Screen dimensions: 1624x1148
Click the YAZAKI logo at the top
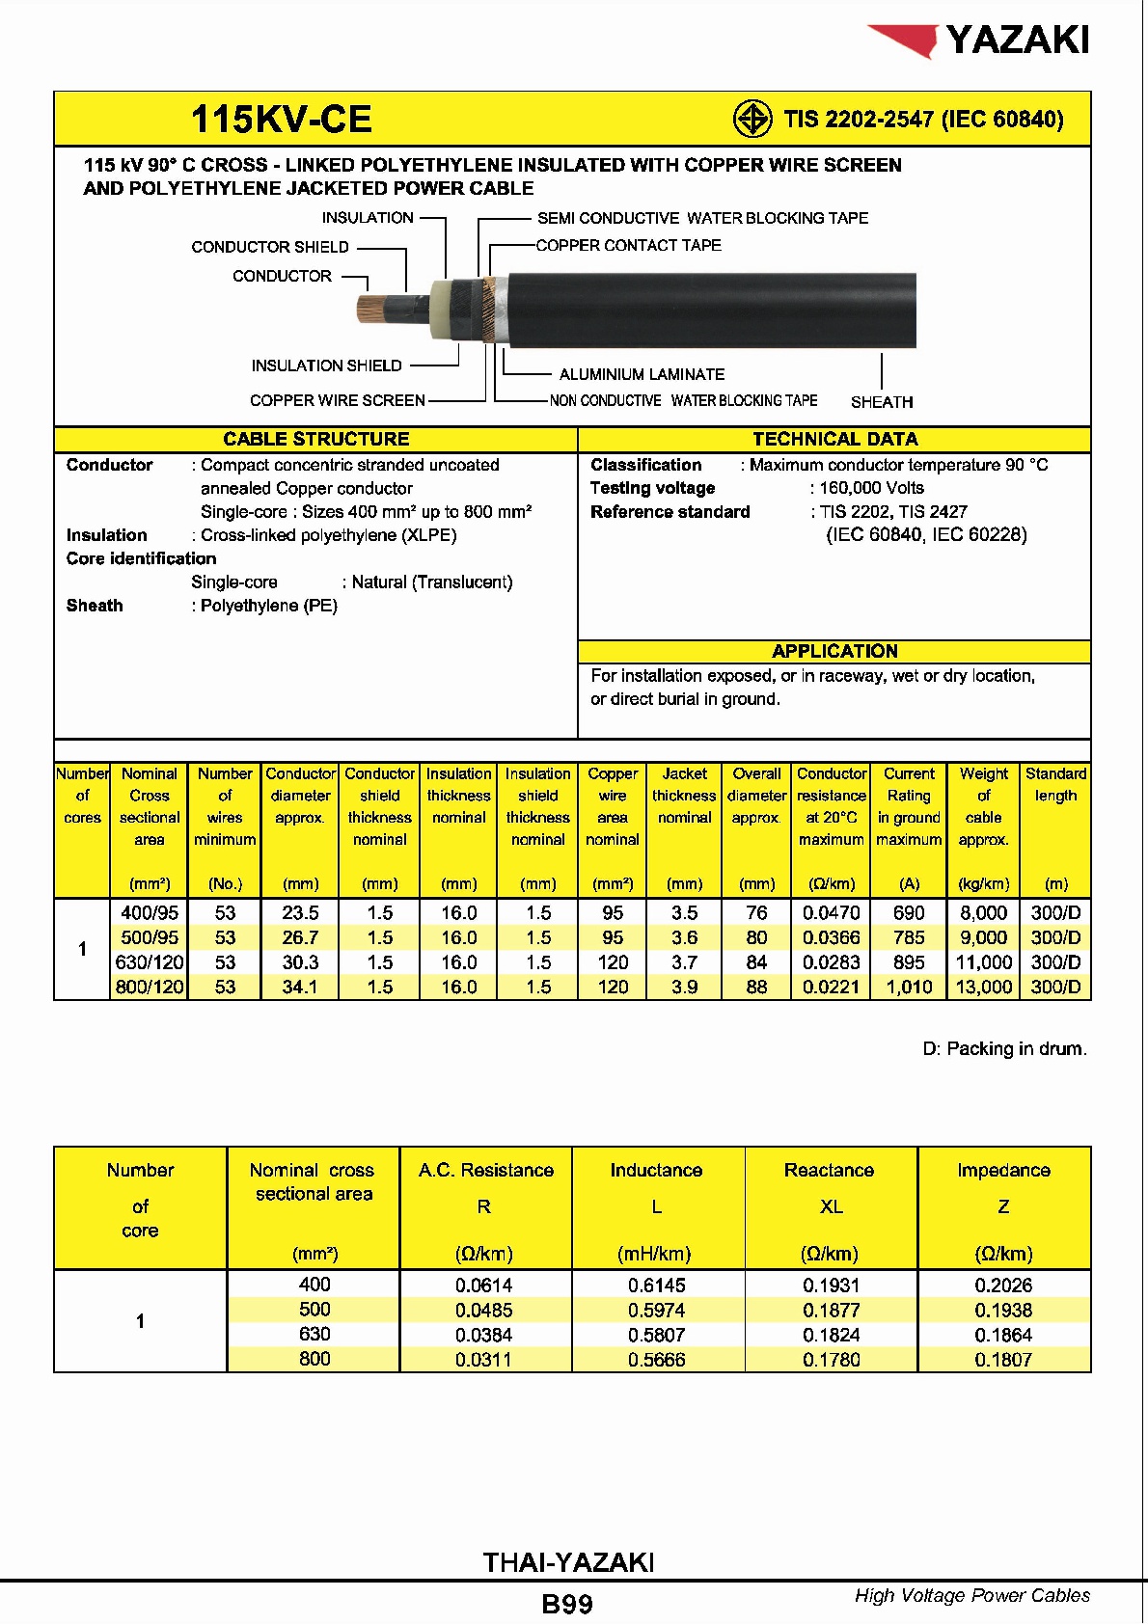coord(980,40)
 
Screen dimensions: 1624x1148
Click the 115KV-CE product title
coord(281,120)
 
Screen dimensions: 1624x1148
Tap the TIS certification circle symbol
coord(752,120)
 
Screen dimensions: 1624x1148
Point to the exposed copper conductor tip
coord(370,309)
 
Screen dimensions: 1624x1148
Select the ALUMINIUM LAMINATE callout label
coord(642,374)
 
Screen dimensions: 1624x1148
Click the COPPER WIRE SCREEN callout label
coord(337,400)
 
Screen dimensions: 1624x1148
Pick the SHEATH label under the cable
coord(881,402)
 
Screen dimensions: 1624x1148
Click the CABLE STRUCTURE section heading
coord(315,439)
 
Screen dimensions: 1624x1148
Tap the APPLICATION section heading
coord(834,651)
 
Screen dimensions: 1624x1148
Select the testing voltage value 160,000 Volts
coord(871,488)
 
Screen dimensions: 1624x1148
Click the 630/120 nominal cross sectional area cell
coord(150,962)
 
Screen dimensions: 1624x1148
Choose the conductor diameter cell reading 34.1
coord(300,987)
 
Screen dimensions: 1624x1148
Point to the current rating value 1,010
coord(909,987)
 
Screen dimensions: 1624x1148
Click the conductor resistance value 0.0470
coord(831,912)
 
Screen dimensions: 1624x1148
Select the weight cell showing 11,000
coord(983,962)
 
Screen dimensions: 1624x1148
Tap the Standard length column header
coord(1055,785)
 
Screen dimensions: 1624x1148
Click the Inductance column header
coord(656,1171)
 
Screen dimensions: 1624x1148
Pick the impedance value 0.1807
coord(1003,1360)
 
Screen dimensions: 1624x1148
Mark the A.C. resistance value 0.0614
coord(484,1286)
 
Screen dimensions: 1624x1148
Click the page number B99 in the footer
coord(567,1604)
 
